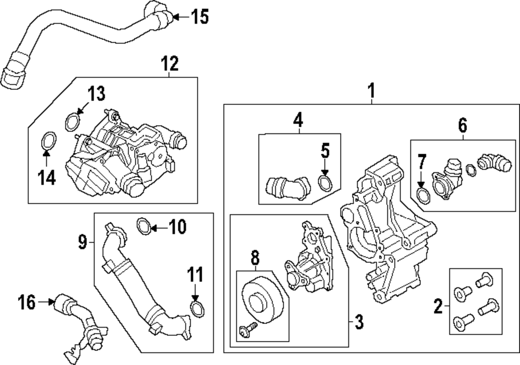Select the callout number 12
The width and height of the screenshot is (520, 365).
(170, 64)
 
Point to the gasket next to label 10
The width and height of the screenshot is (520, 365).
(144, 226)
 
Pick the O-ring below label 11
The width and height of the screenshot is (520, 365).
(197, 310)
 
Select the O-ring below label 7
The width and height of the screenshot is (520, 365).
(423, 197)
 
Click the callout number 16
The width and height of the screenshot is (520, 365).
(27, 301)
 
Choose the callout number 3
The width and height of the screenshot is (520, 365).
(358, 322)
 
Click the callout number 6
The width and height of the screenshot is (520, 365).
(462, 125)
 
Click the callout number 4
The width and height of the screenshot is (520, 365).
(297, 120)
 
